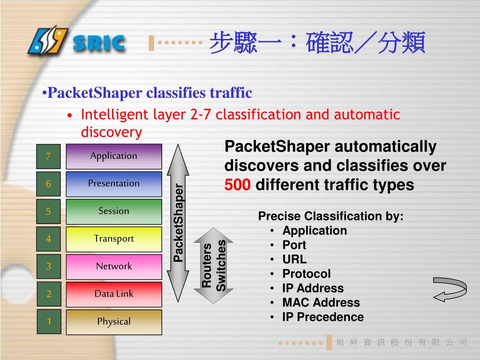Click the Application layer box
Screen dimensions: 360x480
[x=114, y=156]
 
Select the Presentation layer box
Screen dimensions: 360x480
[x=114, y=184]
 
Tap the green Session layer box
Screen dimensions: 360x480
[x=114, y=211]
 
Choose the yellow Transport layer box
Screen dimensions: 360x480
[x=114, y=239]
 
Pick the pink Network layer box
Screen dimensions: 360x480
[x=114, y=267]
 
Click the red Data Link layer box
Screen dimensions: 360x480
[x=114, y=294]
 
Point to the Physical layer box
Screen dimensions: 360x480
[x=114, y=322]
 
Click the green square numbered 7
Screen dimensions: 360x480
[x=48, y=157]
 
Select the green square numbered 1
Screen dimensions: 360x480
[x=48, y=322]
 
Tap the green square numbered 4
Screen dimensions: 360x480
[x=48, y=239]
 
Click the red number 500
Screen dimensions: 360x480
[x=238, y=185]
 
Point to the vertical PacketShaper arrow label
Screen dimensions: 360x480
[x=179, y=223]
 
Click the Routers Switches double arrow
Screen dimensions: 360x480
[x=214, y=265]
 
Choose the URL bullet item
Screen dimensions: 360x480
[x=294, y=259]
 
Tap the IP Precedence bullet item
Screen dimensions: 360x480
[x=322, y=317]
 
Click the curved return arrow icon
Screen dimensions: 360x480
[x=449, y=289]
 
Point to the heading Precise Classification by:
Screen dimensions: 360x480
[x=330, y=217]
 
